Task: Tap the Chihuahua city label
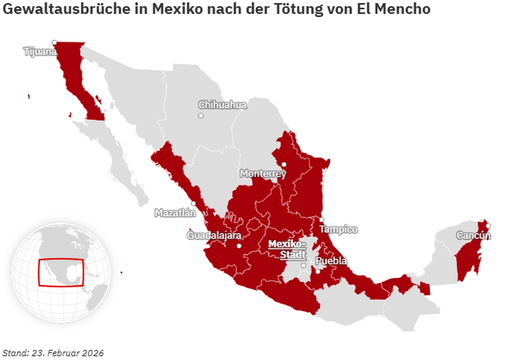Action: pos(222,105)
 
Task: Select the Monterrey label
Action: pos(263,174)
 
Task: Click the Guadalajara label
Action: pos(214,235)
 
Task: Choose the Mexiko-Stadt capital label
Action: pos(287,249)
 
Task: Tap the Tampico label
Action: pos(338,229)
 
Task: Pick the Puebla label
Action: pos(331,260)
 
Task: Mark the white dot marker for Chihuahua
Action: pos(201,115)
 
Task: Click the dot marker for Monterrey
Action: pos(283,164)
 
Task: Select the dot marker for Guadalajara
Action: pos(239,246)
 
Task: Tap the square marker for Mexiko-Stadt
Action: pos(303,266)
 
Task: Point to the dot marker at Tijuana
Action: pos(54,42)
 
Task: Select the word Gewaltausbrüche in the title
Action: pos(57,10)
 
